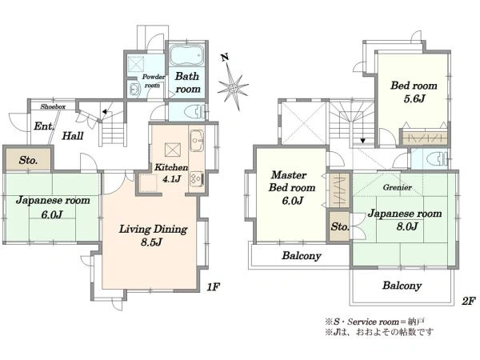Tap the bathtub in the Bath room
tap(186, 55)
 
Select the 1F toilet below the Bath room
tap(195, 111)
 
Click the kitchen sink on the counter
tap(197, 141)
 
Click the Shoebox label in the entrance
tap(53, 107)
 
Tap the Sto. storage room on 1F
tap(29, 159)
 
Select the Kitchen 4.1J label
tap(171, 173)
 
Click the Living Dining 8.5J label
tap(153, 235)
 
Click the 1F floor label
tap(213, 287)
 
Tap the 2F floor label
tap(468, 301)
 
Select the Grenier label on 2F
tap(397, 187)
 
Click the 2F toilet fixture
tap(438, 158)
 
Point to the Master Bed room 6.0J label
tap(292, 188)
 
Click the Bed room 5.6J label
tap(414, 92)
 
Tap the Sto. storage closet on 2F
tap(339, 226)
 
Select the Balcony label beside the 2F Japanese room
tap(402, 286)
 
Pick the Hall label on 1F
tap(73, 136)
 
